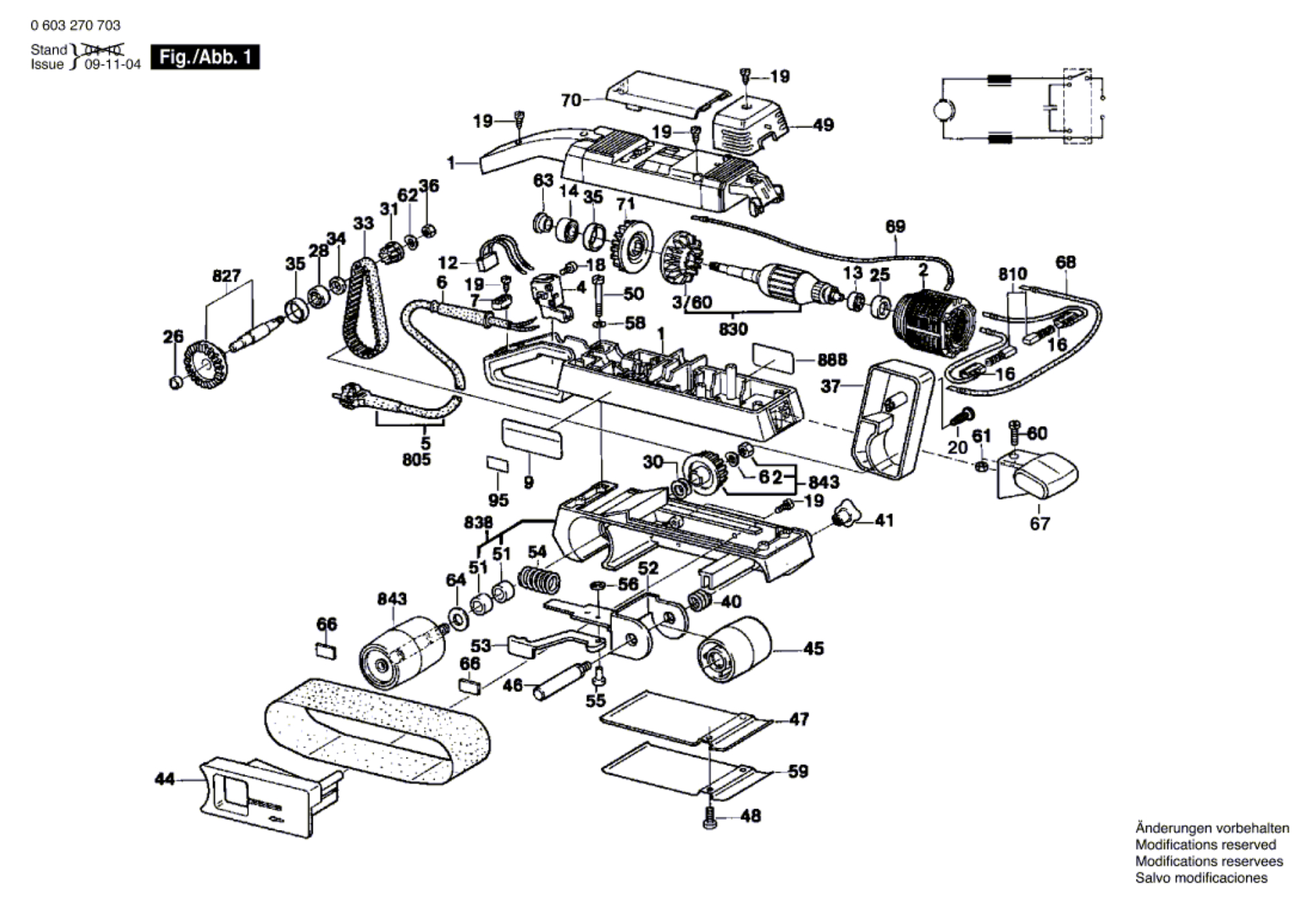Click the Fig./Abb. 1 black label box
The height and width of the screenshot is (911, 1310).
(x=204, y=57)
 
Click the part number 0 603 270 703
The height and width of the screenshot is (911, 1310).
(x=75, y=25)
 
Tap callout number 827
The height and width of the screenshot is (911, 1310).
(x=226, y=275)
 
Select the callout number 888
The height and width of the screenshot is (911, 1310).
(x=832, y=360)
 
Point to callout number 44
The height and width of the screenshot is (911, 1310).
(x=165, y=778)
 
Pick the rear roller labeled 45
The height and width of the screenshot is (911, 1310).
(x=735, y=648)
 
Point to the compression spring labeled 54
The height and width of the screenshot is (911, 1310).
(x=539, y=581)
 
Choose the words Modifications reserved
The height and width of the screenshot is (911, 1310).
(x=1205, y=845)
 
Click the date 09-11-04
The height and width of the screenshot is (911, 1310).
(x=113, y=64)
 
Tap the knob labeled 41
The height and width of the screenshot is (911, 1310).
(x=845, y=515)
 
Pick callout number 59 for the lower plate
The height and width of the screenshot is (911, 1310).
(x=798, y=771)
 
